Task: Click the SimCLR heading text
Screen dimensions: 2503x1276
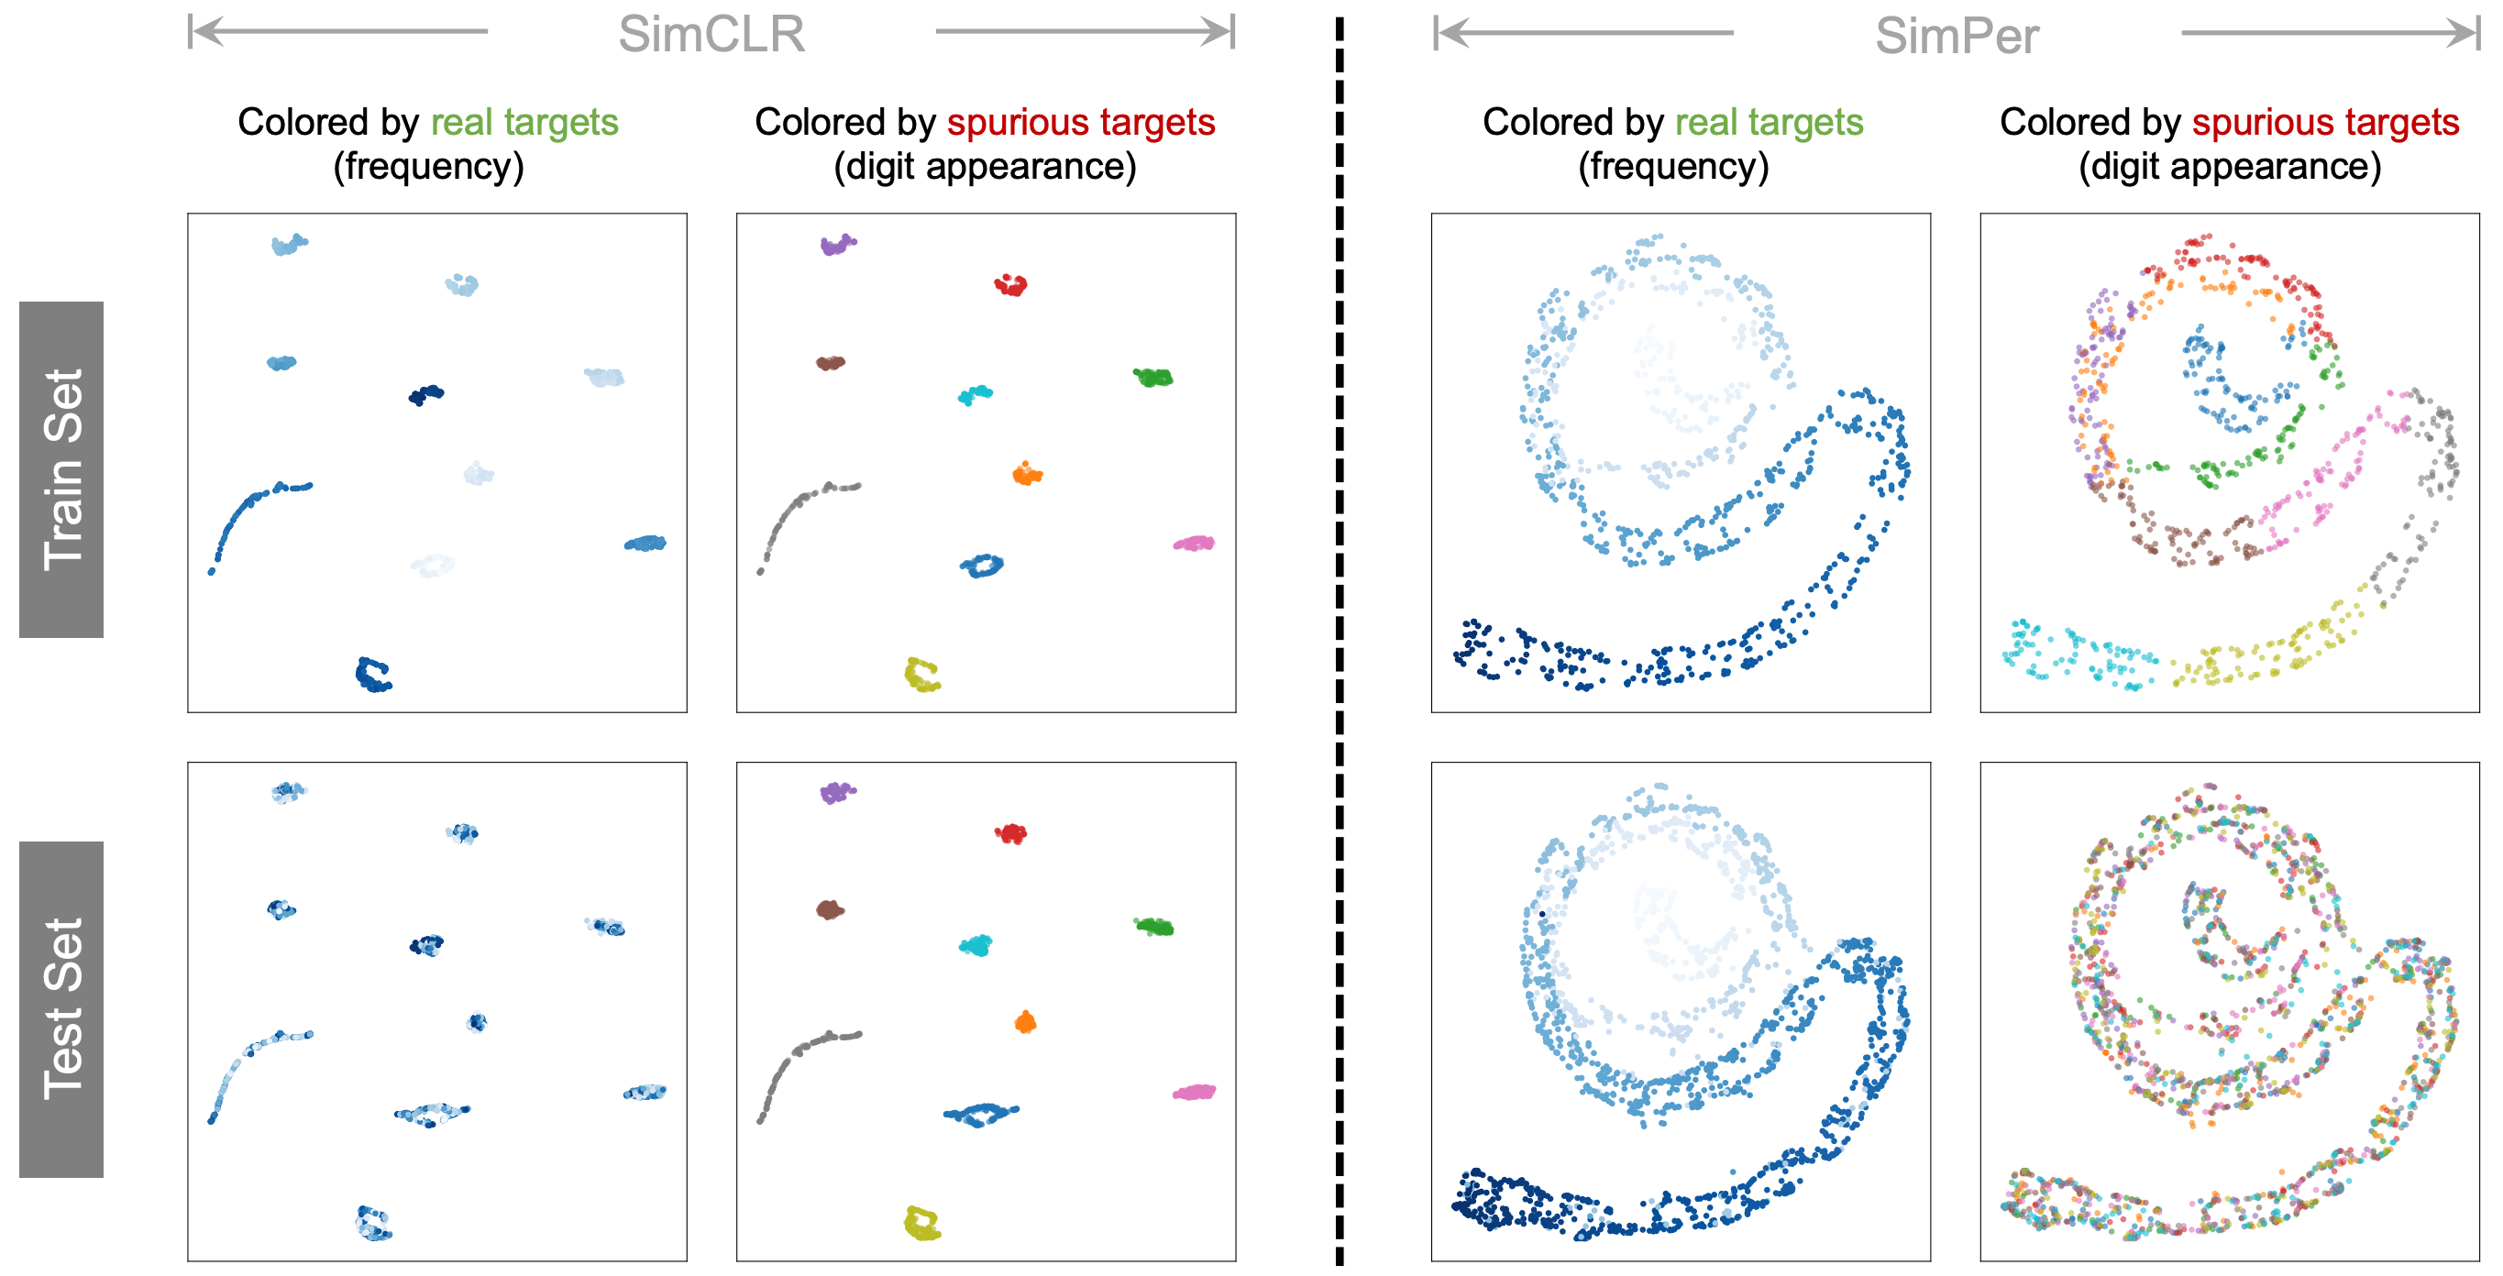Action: [711, 35]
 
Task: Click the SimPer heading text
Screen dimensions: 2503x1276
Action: [1956, 37]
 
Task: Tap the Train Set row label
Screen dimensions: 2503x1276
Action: [61, 469]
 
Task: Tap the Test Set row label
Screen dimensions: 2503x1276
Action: [61, 1008]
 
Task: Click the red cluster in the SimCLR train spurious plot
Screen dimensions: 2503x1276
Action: [1010, 285]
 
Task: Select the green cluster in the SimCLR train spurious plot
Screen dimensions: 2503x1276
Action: [1153, 377]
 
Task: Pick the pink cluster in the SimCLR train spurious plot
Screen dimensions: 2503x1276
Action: [1194, 544]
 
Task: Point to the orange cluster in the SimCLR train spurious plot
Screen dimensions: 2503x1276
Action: [1026, 474]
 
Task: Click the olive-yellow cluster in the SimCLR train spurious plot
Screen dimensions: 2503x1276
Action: [921, 675]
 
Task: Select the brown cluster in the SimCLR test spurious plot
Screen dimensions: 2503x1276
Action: [830, 909]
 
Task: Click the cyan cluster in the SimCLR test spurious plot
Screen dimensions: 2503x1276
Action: [976, 944]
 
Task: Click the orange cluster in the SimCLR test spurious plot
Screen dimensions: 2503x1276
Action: [1025, 1022]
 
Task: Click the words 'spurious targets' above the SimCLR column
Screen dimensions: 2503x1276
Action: [1080, 123]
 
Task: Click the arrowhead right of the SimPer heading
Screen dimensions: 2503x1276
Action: [2466, 33]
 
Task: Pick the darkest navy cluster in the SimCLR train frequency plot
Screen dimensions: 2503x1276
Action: [425, 394]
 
